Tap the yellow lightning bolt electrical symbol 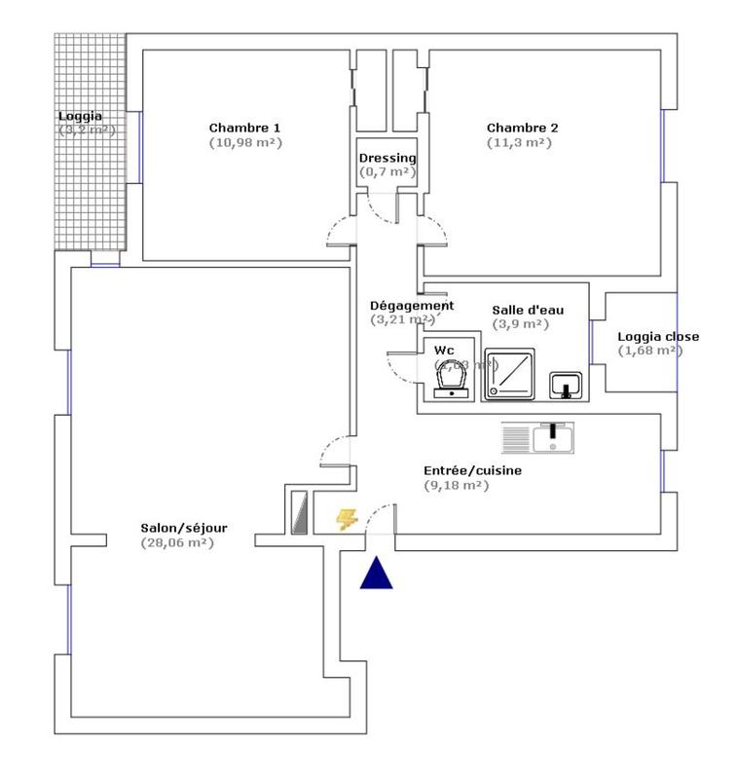346,520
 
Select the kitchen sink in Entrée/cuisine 538,438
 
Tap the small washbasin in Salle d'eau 565,386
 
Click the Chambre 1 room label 245,128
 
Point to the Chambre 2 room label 523,128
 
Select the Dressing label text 387,158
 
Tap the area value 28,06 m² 177,542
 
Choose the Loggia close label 658,337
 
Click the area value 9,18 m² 456,485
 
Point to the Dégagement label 412,305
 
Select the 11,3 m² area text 520,142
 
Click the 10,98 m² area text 245,142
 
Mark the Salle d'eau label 527,310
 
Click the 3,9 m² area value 521,324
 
